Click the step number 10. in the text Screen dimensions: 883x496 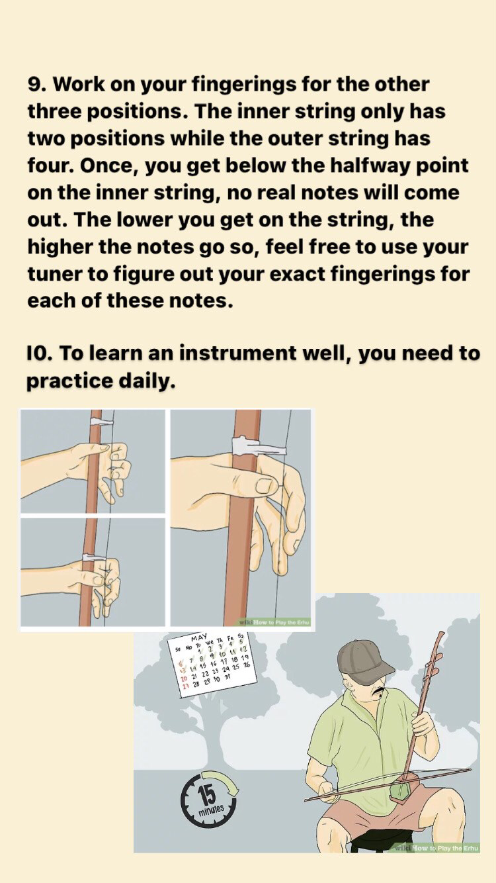tap(40, 354)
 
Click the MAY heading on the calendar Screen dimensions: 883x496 tap(199, 637)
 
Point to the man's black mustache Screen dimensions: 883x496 tap(380, 692)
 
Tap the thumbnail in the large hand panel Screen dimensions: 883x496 tap(266, 486)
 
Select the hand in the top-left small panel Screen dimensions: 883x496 tap(99, 463)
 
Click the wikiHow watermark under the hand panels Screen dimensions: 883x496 tap(276, 622)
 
